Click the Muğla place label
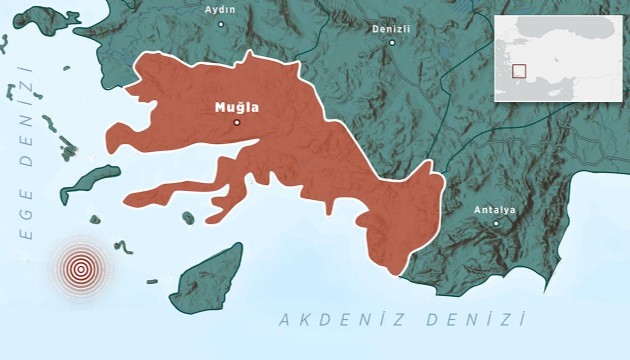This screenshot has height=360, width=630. pos(236,106)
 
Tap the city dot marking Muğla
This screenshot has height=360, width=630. pos(237,122)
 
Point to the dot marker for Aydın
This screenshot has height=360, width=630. pos(221,23)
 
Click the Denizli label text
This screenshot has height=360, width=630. pos(391,29)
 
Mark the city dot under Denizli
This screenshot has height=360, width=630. pos(392,42)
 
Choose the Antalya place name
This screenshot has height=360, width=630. pos(495,210)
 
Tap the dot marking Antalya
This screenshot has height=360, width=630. pos(496,223)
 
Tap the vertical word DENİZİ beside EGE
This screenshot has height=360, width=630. pos(25,110)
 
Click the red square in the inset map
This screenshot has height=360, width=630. pos(518,71)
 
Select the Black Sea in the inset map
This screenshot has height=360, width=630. pos(560,27)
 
